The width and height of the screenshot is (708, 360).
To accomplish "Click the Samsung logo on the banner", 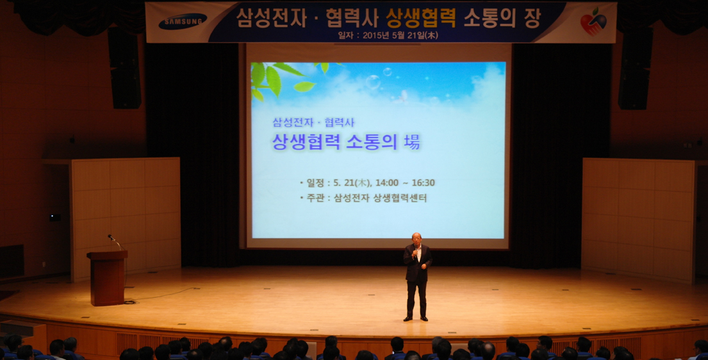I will click(183, 22).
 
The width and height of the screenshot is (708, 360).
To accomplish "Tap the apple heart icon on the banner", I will click(593, 22).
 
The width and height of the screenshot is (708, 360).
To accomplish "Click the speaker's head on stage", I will click(416, 238).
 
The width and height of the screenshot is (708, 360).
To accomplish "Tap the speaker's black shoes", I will click(415, 318).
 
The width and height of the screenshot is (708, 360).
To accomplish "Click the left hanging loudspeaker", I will click(125, 69).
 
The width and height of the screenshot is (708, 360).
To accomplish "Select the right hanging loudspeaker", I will click(635, 69).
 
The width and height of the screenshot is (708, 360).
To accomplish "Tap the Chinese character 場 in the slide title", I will click(412, 142).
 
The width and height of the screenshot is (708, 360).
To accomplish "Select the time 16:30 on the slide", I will click(422, 183).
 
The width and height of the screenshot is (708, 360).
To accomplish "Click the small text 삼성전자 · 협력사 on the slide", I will click(313, 122).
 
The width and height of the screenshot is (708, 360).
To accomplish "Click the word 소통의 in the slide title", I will click(371, 142).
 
